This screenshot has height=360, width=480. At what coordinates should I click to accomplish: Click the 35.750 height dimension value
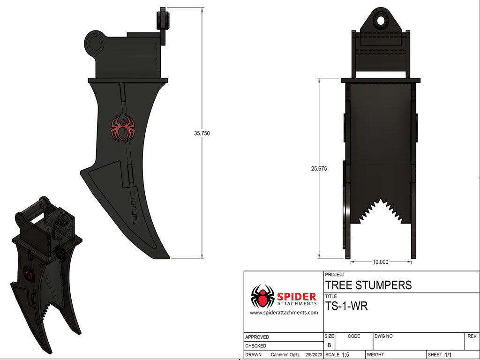[202, 133]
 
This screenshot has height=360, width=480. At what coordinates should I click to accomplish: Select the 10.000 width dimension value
[380, 262]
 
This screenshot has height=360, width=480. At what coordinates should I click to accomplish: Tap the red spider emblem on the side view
[123, 128]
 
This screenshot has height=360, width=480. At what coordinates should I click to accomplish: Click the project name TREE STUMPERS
[368, 285]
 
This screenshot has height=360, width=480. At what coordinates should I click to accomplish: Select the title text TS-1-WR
[346, 307]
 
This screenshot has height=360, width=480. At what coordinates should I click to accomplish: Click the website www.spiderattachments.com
[284, 313]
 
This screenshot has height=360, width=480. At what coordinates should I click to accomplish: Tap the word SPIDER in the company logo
[297, 296]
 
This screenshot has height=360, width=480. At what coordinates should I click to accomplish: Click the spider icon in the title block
[262, 296]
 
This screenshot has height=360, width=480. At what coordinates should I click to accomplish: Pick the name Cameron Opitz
[285, 355]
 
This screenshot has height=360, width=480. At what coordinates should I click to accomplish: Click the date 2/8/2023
[315, 355]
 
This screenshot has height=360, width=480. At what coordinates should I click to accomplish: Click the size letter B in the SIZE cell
[329, 345]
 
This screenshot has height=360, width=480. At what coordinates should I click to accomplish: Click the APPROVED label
[257, 337]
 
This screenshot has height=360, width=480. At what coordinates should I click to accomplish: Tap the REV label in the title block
[472, 336]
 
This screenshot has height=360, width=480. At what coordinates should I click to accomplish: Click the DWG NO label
[383, 336]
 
